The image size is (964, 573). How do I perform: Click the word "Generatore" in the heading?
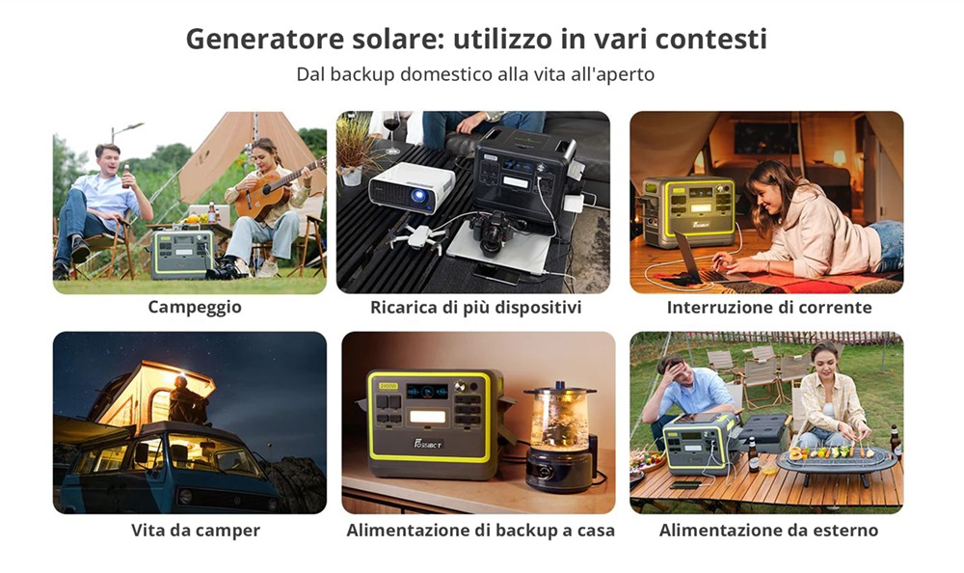[x=264, y=39]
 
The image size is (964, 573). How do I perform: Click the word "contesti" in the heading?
[x=710, y=39]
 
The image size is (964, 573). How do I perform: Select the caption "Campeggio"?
[x=195, y=307]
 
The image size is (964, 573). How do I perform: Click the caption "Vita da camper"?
[x=196, y=530]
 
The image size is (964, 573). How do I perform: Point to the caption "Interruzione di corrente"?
[x=769, y=307]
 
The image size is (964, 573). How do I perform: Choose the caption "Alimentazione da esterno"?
[x=768, y=530]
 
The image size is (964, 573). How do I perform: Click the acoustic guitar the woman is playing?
[x=274, y=190]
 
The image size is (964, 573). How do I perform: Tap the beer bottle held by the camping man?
[x=126, y=176]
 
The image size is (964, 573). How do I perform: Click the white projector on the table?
[x=411, y=188]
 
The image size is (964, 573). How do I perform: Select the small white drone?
[x=418, y=236]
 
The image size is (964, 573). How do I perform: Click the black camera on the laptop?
[x=491, y=232]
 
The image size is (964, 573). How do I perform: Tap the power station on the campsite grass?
[x=182, y=255]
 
